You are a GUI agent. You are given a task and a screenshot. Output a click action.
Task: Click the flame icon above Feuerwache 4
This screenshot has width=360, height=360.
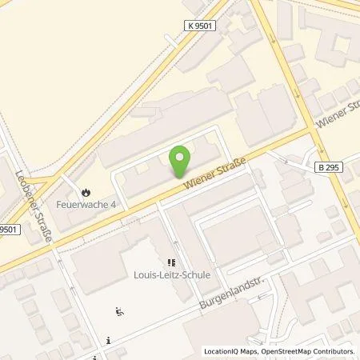(x=85, y=192)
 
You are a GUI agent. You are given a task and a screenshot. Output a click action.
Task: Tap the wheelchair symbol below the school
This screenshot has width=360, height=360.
(x=120, y=312)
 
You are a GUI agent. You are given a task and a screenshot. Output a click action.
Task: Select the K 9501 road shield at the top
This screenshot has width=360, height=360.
(x=202, y=26)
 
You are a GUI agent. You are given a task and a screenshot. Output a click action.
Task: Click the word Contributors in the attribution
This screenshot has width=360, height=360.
(x=334, y=351)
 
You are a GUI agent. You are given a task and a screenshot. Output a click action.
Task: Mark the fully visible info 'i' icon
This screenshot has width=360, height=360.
(x=108, y=340)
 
